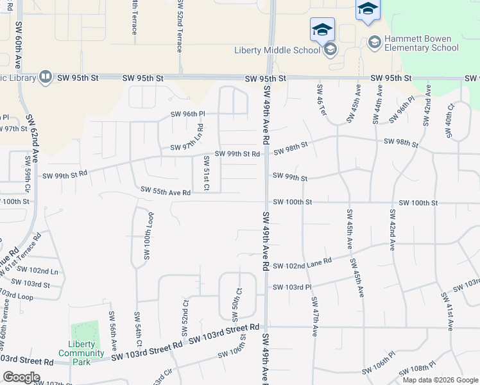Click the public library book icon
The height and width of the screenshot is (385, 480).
coord(46,78)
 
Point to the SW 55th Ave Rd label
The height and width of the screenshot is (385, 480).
coord(166,192)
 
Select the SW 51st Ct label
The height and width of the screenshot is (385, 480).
coord(207,173)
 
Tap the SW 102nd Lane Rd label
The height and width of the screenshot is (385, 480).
coord(302,264)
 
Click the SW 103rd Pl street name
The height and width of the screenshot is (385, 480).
coord(291,287)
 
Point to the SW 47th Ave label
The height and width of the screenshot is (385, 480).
coord(314,317)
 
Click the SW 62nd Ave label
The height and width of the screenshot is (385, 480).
coord(31,139)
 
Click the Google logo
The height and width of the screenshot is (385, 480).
coord(21,377)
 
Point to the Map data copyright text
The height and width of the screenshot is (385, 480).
coord(440,380)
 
